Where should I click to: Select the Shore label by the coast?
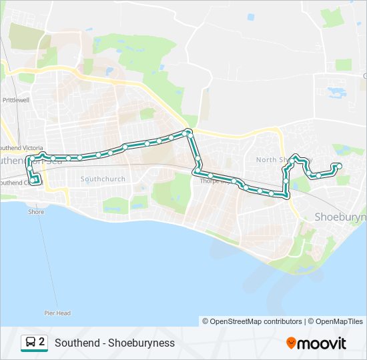click(x=36, y=212)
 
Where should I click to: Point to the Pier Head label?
click(x=58, y=313)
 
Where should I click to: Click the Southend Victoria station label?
click(x=21, y=147)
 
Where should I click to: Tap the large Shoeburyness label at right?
click(x=340, y=217)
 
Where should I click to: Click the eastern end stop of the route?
click(x=339, y=165)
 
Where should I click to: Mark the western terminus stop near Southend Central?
click(x=33, y=181)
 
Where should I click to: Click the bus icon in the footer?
click(x=31, y=343)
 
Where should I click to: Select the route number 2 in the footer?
click(x=42, y=342)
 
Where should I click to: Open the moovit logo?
click(x=316, y=343)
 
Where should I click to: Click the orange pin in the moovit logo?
click(x=291, y=343)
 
